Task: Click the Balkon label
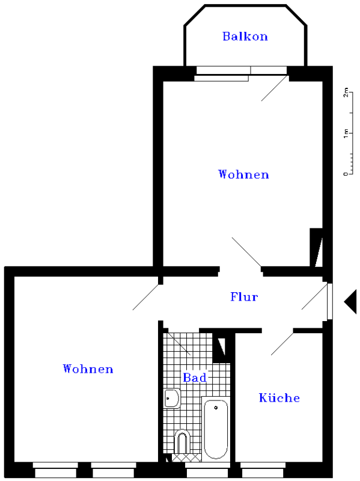(x=245, y=37)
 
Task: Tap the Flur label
(x=244, y=296)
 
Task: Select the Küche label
(x=279, y=397)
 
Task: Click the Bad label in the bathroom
(x=195, y=378)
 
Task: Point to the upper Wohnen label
(x=243, y=174)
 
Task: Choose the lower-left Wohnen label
(x=88, y=369)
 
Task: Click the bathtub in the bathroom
(x=216, y=429)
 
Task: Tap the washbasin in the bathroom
(x=172, y=398)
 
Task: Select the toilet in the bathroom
(x=182, y=442)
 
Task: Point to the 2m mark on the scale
(x=346, y=92)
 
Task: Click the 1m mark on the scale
(x=346, y=133)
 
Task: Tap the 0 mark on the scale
(x=346, y=174)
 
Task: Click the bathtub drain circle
(x=216, y=408)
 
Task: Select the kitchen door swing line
(x=282, y=344)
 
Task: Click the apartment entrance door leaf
(x=330, y=301)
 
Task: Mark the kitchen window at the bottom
(x=263, y=470)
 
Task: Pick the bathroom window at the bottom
(x=207, y=470)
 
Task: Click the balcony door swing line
(x=275, y=88)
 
